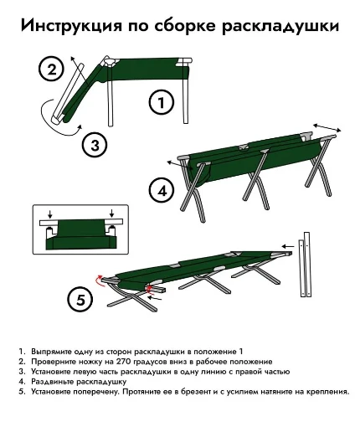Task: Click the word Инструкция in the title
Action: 71,26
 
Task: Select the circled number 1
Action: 162,102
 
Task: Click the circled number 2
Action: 51,69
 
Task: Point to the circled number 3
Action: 95,145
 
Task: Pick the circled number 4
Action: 162,192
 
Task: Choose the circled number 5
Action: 80,301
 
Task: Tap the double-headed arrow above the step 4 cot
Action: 327,128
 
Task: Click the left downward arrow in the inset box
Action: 50,214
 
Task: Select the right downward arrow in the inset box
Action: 111,213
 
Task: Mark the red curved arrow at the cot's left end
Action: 98,280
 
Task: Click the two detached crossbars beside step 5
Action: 305,264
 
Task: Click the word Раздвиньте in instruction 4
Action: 53,381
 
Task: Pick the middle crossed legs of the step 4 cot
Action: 256,180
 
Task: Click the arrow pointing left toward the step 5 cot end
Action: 288,246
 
